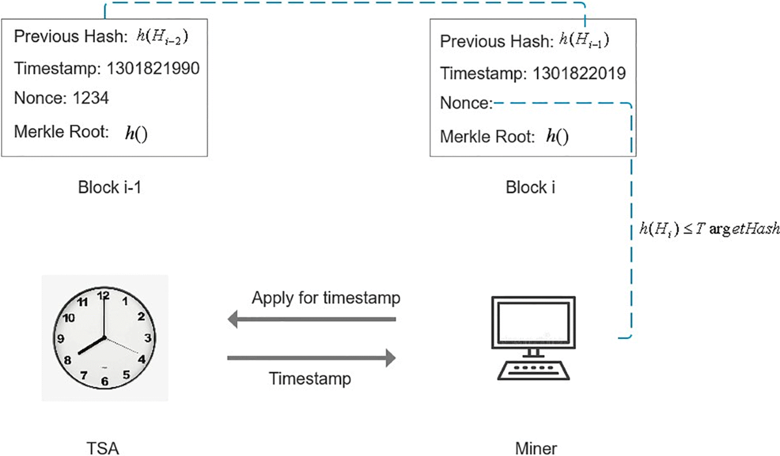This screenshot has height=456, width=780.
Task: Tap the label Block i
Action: click(530, 187)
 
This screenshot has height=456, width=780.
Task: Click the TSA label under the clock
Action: click(103, 448)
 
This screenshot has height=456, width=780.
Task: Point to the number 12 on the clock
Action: click(103, 295)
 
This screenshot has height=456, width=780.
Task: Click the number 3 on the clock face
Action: click(148, 338)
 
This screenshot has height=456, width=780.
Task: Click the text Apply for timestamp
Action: click(326, 299)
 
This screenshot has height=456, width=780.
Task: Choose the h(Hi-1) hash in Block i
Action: click(584, 42)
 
